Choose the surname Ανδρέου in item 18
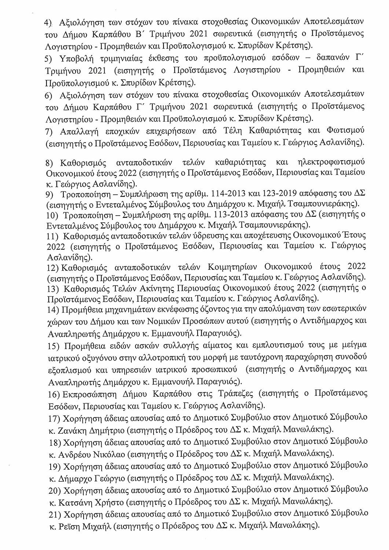[74, 453]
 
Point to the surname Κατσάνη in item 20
[74, 501]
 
